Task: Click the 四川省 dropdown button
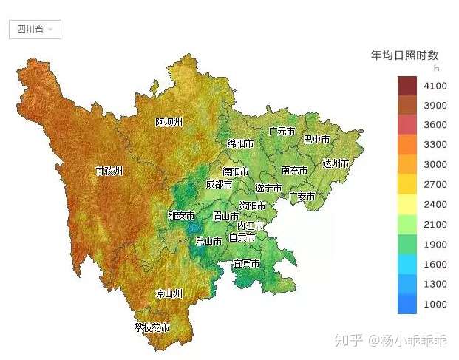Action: point(35,30)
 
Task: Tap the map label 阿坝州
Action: point(169,122)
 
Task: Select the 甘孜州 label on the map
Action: point(109,171)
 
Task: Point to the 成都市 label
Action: point(219,184)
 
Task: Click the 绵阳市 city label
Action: point(240,143)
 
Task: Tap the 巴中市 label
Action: point(317,139)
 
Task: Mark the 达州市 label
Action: point(336,163)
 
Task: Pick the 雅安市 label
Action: point(181,216)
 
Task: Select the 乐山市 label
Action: point(208,240)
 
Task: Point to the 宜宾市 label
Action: point(246,264)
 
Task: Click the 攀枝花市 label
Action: point(152,327)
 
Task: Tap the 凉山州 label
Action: point(169,294)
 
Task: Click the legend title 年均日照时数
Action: point(404,55)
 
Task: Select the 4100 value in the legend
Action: point(435,86)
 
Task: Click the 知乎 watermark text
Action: point(349,341)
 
